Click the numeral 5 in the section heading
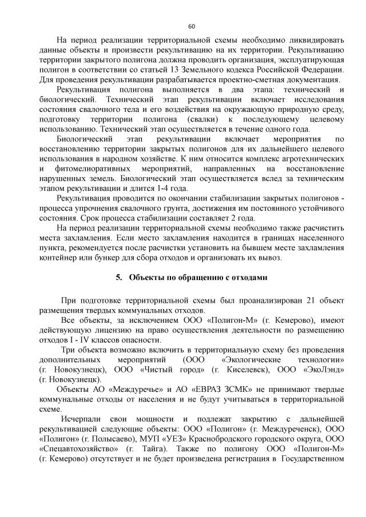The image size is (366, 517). coord(118,278)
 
